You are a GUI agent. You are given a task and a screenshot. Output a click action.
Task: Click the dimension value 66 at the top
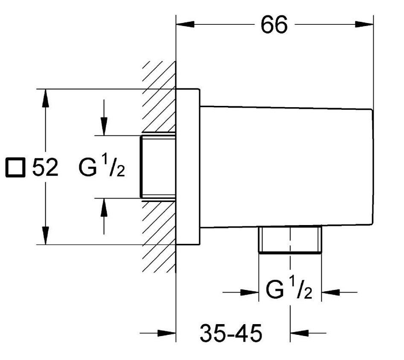[274, 26]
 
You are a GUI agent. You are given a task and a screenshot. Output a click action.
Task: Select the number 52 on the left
[45, 168]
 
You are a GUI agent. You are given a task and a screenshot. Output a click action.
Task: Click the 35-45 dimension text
[231, 334]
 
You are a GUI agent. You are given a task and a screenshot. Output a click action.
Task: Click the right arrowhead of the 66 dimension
[365, 25]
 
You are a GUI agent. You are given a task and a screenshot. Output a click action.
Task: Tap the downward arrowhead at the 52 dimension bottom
[45, 236]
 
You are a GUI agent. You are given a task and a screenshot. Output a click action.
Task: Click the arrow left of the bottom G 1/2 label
[250, 293]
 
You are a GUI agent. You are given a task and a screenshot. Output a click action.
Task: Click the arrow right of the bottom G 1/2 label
[330, 293]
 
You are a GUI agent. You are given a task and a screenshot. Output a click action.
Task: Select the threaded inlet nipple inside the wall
[158, 167]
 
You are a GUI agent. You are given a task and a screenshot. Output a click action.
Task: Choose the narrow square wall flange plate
[188, 167]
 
